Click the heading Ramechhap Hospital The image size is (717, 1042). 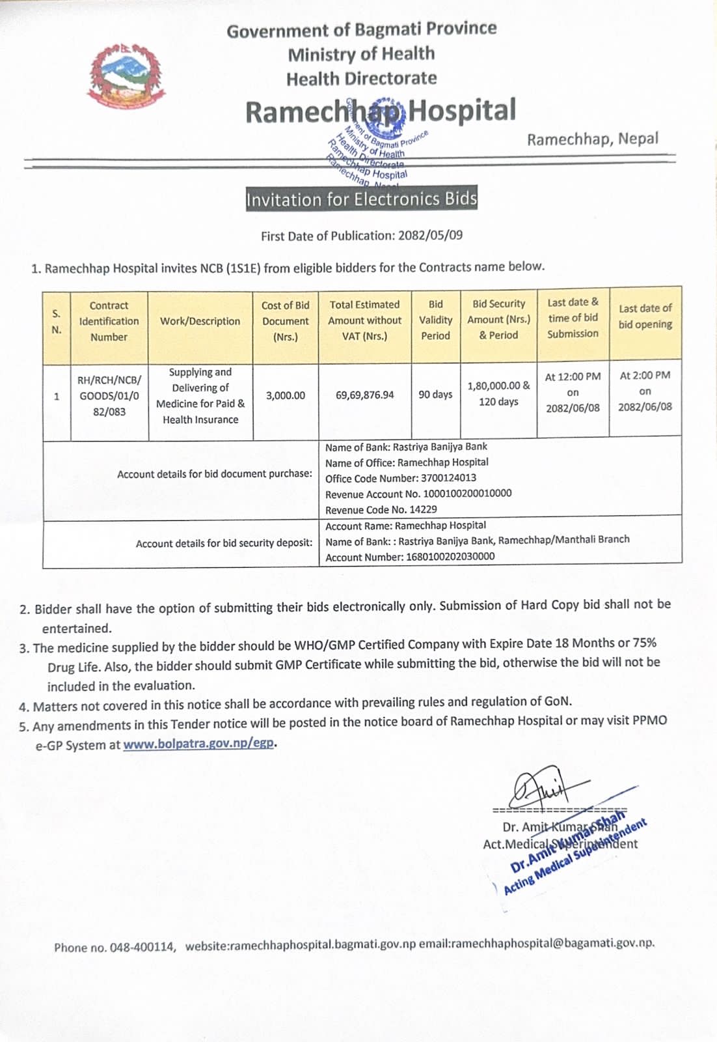point(381,111)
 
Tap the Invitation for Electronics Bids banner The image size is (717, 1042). point(361,199)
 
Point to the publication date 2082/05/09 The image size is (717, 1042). point(430,235)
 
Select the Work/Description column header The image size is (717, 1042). point(200,321)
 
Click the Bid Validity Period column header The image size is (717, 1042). point(435,320)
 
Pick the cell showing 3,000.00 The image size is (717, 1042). point(285,395)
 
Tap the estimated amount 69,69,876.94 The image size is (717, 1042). point(364,395)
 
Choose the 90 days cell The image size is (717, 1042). point(435,395)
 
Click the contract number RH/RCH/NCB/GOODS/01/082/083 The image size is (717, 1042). point(109,395)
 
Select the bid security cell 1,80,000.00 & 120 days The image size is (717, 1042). point(498,393)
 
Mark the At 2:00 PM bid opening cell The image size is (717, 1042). point(645,391)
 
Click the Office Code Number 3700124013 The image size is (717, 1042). point(448,478)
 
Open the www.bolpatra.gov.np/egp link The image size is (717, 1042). point(198,743)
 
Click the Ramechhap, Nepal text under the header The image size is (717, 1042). point(592,139)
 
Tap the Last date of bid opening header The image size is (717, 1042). point(645,317)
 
